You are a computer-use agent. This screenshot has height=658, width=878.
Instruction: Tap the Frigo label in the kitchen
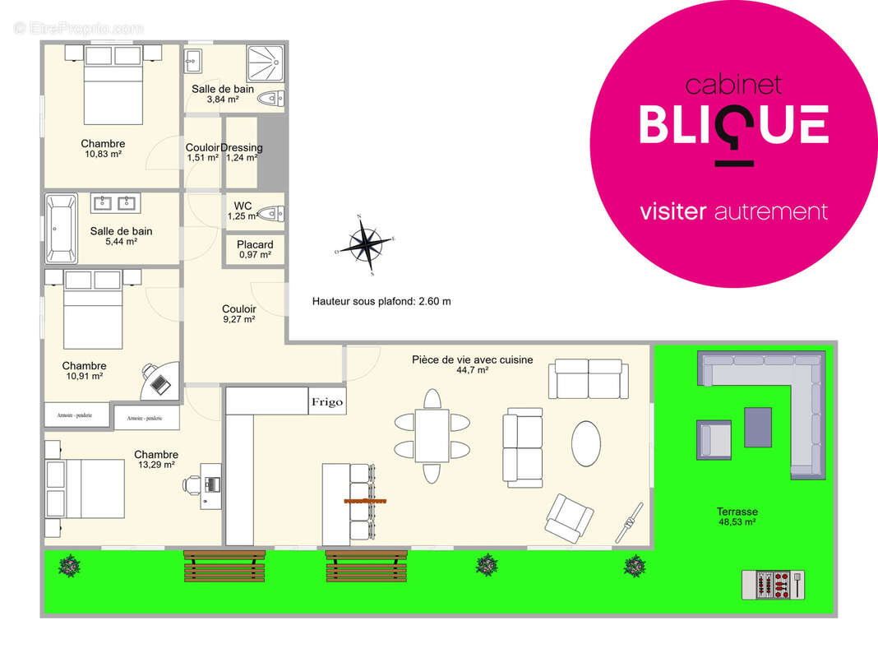coord(326,402)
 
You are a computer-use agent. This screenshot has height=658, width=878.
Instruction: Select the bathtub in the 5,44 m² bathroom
coord(61,228)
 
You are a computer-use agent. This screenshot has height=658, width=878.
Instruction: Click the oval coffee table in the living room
coord(585,444)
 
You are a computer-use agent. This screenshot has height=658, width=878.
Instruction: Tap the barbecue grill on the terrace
coord(773,585)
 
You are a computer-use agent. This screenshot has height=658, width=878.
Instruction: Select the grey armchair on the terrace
coord(714,438)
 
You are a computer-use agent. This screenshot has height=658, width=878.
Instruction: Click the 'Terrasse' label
coord(737,511)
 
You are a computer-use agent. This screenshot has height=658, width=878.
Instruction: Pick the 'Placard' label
coord(255,244)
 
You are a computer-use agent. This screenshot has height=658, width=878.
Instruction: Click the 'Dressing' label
coord(242,147)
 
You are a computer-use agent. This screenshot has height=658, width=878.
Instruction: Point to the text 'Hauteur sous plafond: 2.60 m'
coord(381,301)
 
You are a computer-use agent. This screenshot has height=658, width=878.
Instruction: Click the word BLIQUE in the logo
coord(733,126)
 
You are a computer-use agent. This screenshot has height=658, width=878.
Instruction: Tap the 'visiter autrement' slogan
coord(733,211)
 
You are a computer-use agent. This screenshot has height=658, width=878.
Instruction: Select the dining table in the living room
coord(432,436)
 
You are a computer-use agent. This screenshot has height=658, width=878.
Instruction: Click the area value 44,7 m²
coord(472,370)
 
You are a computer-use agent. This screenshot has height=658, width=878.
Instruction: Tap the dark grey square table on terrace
coord(758,427)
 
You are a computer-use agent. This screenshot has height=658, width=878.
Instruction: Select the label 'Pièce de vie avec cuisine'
coord(472,359)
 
